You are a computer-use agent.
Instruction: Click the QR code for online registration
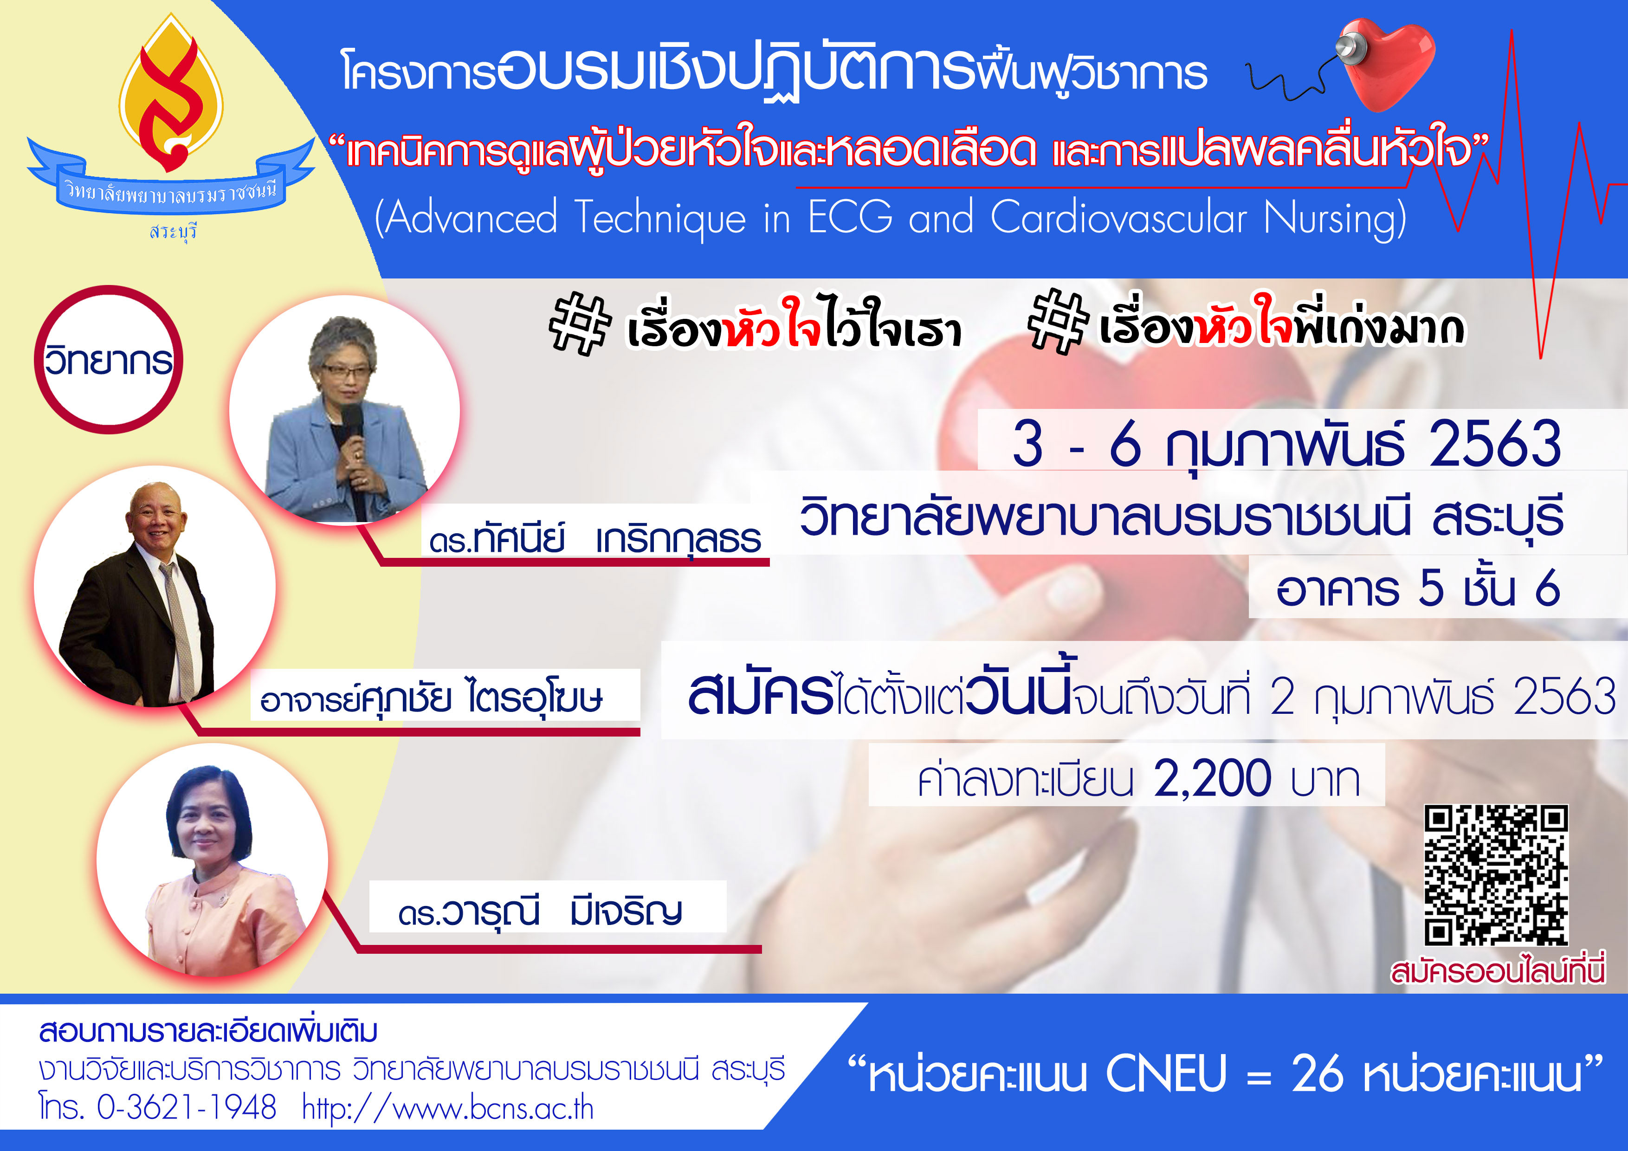pos(1496,875)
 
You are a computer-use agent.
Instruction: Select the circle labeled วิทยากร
pos(109,360)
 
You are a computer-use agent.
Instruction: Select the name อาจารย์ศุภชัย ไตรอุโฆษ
pos(432,698)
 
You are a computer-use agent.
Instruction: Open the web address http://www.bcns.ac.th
pos(448,1108)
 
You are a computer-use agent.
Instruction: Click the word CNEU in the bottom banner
pos(1166,1073)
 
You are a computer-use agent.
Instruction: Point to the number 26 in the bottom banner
pos(1318,1073)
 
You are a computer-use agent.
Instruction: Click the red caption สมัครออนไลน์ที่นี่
pos(1498,971)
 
